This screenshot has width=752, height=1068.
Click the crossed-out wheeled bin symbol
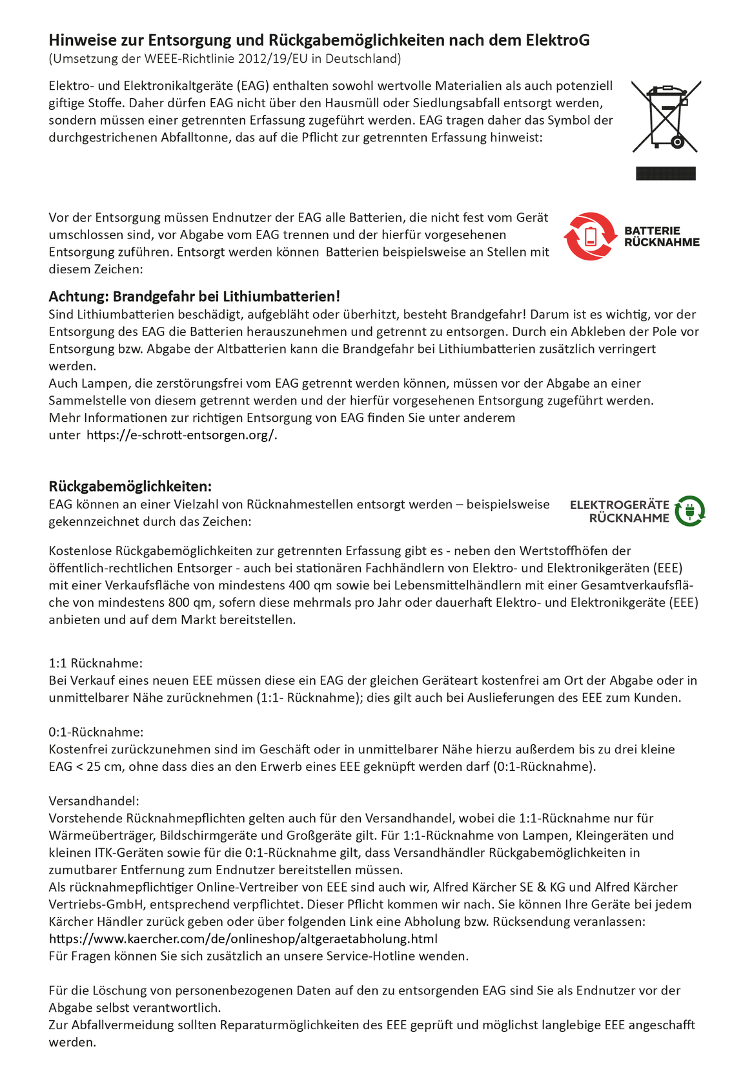point(666,116)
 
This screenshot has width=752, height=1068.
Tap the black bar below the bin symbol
point(666,173)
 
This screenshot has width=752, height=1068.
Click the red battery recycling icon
point(590,236)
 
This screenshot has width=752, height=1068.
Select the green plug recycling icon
point(689,511)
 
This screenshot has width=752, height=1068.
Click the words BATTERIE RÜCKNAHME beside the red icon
point(662,236)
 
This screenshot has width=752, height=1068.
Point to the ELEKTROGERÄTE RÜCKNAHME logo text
point(620,511)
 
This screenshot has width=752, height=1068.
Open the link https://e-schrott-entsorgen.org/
point(181,435)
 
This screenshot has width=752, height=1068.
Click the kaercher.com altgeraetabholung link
point(243,939)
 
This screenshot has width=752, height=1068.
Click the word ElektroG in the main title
point(557,40)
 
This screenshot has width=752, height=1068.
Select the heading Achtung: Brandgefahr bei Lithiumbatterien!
point(194,297)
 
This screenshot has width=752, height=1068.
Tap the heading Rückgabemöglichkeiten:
point(130,486)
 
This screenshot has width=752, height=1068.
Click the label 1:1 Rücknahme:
point(96,663)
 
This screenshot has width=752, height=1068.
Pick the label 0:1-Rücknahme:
point(96,732)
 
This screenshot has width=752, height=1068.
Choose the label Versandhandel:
point(94,801)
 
